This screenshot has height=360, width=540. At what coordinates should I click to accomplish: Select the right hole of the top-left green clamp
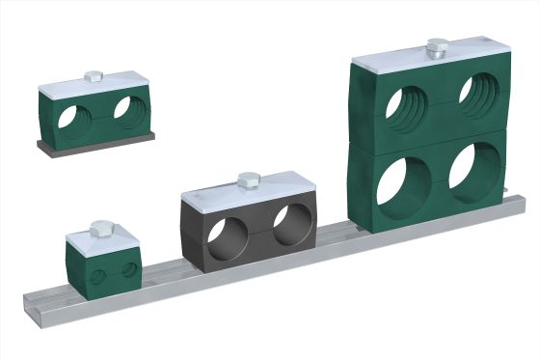pos(126,108)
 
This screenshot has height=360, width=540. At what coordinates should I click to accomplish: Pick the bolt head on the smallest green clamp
pos(100,228)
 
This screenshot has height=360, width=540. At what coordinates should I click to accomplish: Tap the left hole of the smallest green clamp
pos(97,277)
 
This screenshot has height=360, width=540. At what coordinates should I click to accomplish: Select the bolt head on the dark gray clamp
pos(247,179)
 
